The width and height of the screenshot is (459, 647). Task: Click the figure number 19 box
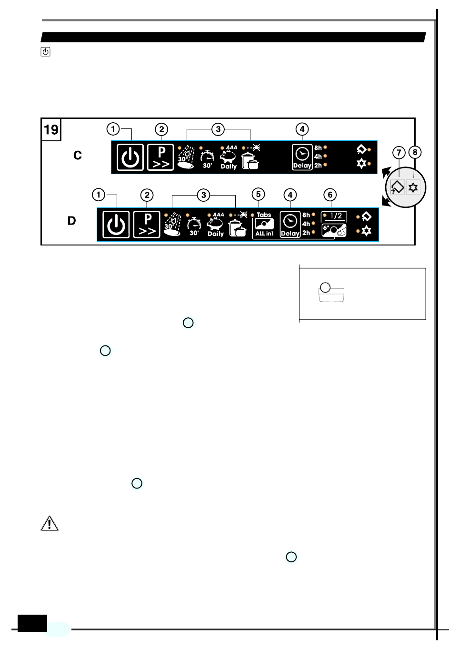(x=51, y=129)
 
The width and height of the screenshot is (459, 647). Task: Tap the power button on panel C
(x=130, y=157)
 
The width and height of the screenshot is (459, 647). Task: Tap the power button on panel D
(x=116, y=225)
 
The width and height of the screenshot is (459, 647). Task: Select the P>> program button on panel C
(x=161, y=157)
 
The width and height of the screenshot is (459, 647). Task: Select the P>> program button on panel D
(x=147, y=225)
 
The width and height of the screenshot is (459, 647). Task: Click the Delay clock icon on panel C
(x=302, y=155)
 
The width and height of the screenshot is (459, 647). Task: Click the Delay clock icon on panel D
(x=290, y=222)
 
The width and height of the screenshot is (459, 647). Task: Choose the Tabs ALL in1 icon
(x=264, y=225)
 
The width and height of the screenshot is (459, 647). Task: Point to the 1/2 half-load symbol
(x=335, y=216)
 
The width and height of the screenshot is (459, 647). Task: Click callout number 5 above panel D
(x=258, y=194)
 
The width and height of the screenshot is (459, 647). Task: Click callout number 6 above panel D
(x=330, y=195)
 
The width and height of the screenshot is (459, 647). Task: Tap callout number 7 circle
(x=399, y=153)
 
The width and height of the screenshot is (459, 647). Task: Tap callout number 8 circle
(x=415, y=152)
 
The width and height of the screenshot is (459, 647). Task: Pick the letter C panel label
(x=78, y=156)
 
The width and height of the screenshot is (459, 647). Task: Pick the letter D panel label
(x=72, y=221)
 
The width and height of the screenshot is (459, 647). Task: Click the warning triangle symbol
(x=50, y=524)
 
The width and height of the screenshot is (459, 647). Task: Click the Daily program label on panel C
(x=229, y=167)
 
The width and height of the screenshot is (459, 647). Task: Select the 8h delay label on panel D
(x=306, y=215)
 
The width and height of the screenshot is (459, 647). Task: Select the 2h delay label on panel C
(x=318, y=166)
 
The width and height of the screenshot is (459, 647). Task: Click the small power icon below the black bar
(x=46, y=52)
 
